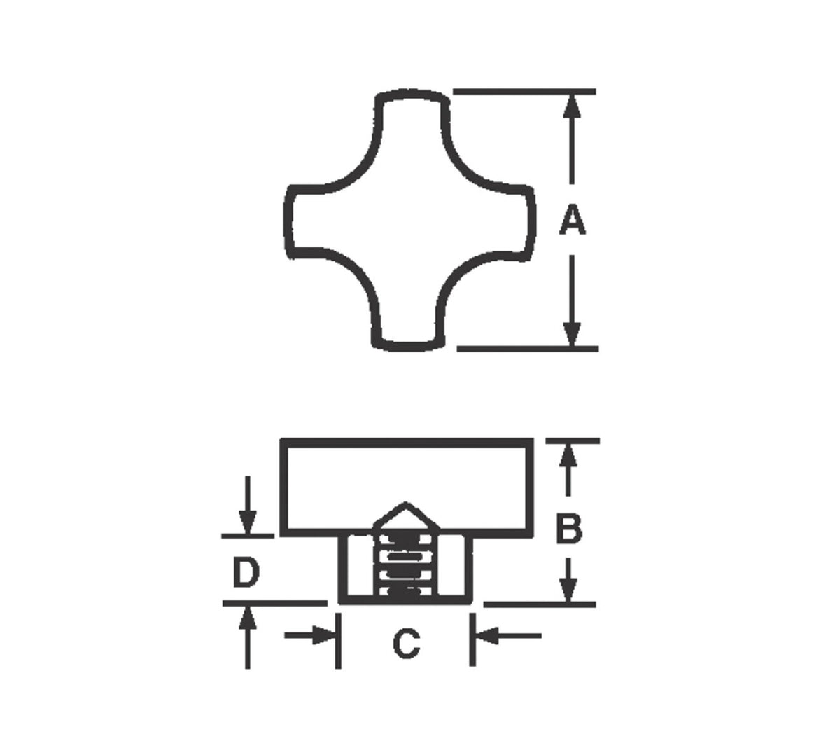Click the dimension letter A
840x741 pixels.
pos(572,219)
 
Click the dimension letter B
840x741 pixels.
pos(569,528)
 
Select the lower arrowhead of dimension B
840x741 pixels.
pos(568,590)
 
